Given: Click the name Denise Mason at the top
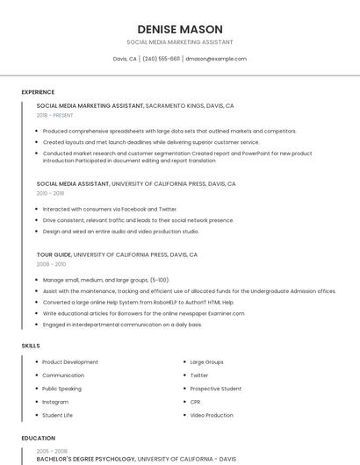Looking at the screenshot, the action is point(180,29).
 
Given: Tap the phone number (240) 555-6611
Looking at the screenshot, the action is point(161,59).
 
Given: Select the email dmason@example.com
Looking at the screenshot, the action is point(216,59).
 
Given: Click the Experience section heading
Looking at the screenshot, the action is point(38,92).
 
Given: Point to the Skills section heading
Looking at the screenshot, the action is point(31,346).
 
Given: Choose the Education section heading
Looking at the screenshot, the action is point(39,438).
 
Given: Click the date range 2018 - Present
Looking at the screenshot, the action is point(55,115).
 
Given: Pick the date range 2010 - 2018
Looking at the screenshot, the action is point(51,193).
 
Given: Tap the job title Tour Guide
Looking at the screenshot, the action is point(54,254).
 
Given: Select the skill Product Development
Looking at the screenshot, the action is point(70,361).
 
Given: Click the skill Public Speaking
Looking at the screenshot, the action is point(61,388).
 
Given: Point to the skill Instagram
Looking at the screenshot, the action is point(55,401).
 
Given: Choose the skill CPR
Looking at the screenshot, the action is point(197,401).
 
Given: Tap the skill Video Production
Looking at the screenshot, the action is point(212,415).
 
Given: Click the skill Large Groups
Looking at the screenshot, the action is point(207,361).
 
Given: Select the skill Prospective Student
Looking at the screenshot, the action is point(216,388).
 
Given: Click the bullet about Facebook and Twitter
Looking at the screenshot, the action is point(110,209).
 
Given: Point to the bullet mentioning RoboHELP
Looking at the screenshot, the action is point(138,302).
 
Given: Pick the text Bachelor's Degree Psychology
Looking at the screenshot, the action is point(86,459).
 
